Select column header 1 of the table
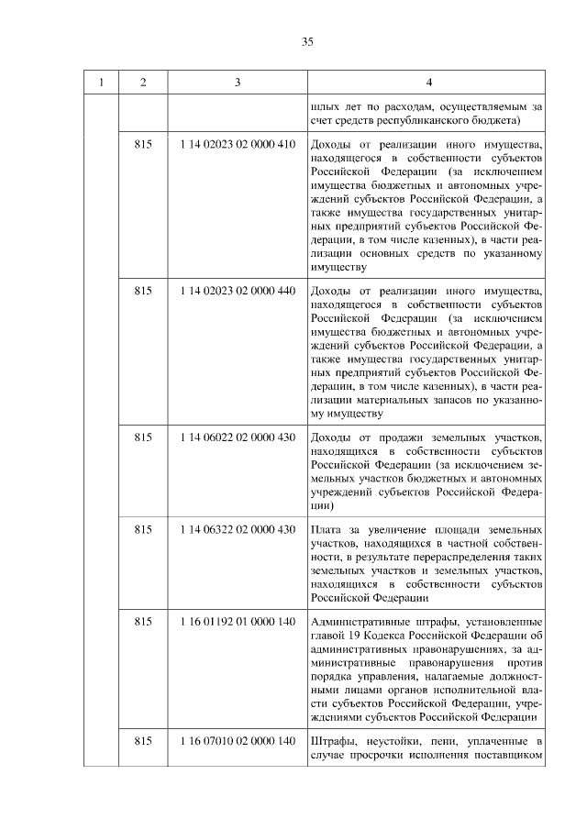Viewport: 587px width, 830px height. [102, 83]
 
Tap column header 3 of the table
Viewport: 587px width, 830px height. [238, 83]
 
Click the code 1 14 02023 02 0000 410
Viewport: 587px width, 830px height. [238, 145]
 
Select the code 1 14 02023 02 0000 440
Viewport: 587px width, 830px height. [238, 291]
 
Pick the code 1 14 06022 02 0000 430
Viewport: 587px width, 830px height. [238, 437]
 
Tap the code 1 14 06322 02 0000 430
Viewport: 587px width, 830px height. [238, 529]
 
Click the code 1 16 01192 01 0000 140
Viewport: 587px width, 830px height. [238, 622]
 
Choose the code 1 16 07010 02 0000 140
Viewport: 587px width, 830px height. [238, 740]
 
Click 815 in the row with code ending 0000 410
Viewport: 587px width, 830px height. [142, 145]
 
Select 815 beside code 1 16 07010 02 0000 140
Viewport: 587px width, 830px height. [142, 740]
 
